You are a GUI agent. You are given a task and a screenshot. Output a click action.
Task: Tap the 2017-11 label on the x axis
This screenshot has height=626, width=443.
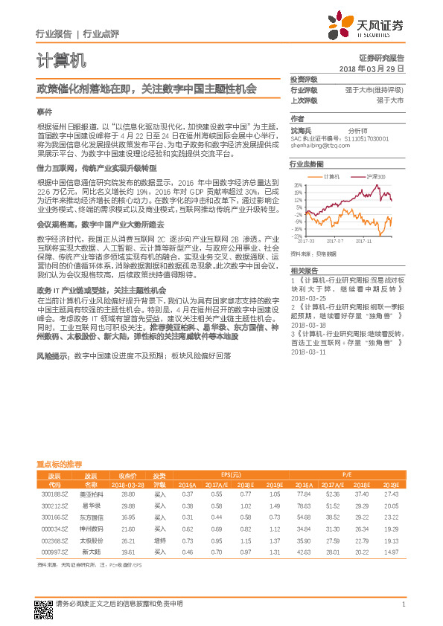tap(363, 240)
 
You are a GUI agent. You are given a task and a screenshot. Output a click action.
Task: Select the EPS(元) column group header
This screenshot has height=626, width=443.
tap(230, 474)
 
